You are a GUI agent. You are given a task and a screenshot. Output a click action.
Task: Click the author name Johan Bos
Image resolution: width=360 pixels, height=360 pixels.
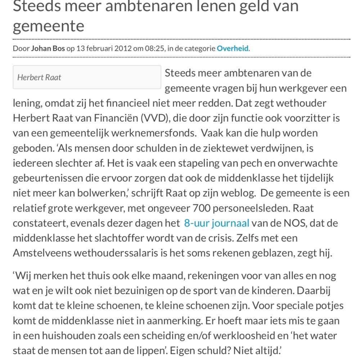[48, 48]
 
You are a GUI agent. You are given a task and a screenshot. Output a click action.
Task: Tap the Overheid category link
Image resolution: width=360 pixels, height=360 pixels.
[232, 48]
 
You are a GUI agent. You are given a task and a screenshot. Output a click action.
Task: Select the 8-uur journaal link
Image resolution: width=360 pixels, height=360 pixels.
[216, 223]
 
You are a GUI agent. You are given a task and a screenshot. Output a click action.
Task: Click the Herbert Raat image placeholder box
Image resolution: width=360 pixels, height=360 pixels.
[87, 77]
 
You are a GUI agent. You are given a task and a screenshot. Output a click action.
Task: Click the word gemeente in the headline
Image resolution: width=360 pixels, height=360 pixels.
[48, 26]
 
